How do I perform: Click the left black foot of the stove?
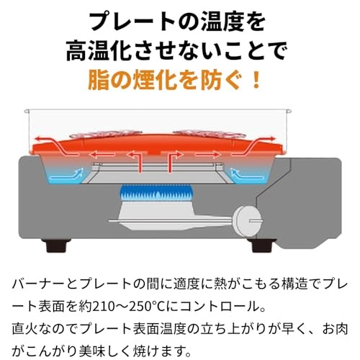click(x=56, y=246)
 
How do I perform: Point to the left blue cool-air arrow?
click(x=67, y=175)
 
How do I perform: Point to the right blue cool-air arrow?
click(x=247, y=175)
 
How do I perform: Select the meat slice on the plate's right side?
click(x=210, y=134)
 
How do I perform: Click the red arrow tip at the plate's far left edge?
click(x=35, y=139)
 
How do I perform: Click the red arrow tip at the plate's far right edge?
click(x=274, y=138)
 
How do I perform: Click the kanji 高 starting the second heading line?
click(x=76, y=50)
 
